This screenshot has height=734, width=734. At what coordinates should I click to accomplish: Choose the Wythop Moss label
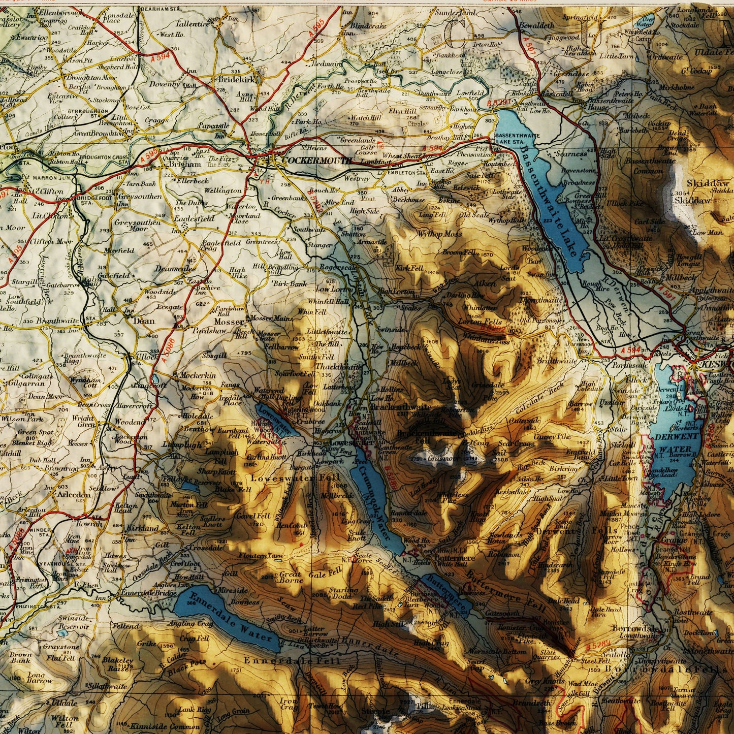(440, 234)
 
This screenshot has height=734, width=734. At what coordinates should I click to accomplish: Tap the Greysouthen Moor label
(132, 226)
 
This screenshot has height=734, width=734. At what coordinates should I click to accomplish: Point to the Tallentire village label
(193, 24)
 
